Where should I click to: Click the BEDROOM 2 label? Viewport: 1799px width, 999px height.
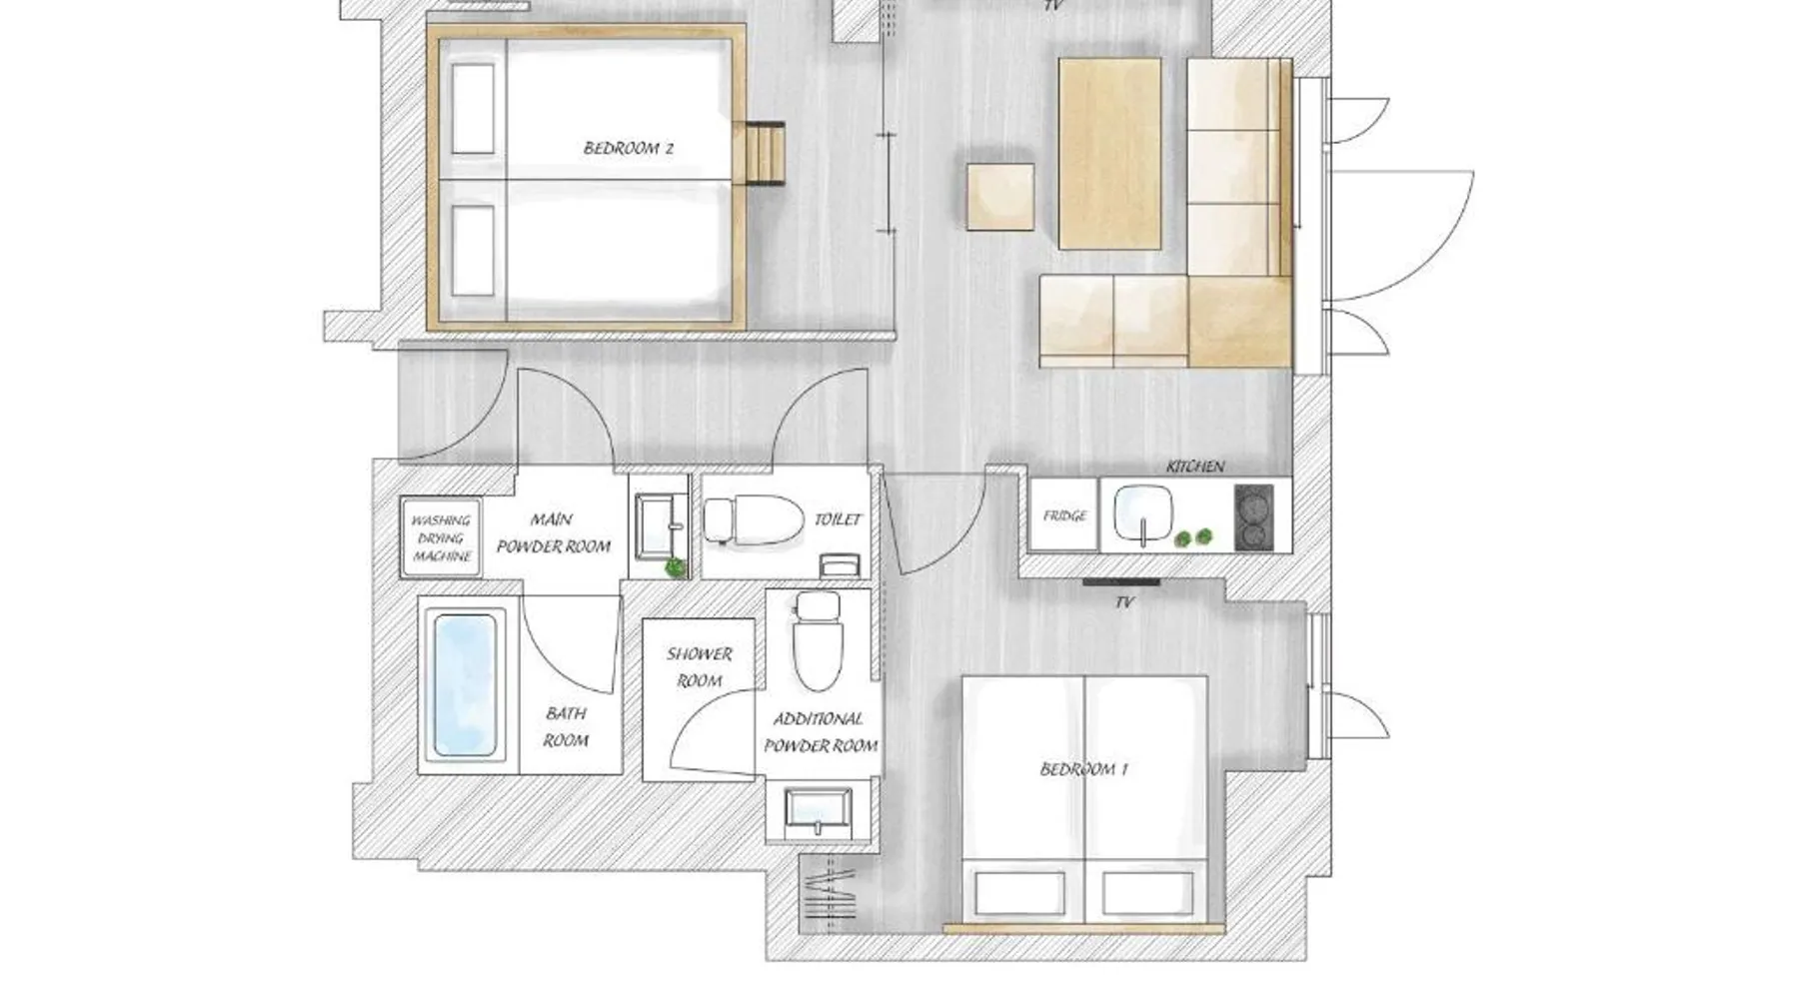[x=629, y=148]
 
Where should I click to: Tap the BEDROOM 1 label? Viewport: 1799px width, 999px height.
[x=1084, y=769]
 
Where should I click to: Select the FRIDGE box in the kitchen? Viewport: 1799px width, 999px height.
[x=1064, y=515]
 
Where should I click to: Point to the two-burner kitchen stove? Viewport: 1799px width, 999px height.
[x=1254, y=517]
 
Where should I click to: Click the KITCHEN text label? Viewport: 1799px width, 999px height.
[x=1195, y=467]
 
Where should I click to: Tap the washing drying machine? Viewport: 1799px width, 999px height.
[x=441, y=537]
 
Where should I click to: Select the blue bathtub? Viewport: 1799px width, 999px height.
[x=463, y=685]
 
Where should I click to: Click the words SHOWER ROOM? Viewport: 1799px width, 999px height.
[x=700, y=667]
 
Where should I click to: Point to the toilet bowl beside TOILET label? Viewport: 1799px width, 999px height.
[x=755, y=519]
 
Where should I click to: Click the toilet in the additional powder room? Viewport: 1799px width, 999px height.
[x=818, y=639]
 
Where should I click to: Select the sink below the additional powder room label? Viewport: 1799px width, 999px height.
[x=819, y=811]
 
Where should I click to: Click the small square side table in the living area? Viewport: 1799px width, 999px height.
[x=1000, y=197]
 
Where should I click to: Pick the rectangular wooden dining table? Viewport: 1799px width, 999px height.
[x=1110, y=153]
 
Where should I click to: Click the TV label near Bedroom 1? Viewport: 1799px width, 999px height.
[x=1124, y=602]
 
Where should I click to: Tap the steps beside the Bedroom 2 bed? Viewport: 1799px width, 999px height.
[x=765, y=153]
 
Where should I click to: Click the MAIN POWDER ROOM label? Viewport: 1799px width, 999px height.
[x=554, y=532]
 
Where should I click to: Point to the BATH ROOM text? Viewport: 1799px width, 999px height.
[x=566, y=726]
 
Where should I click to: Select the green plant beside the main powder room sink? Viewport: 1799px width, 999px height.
[x=677, y=567]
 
